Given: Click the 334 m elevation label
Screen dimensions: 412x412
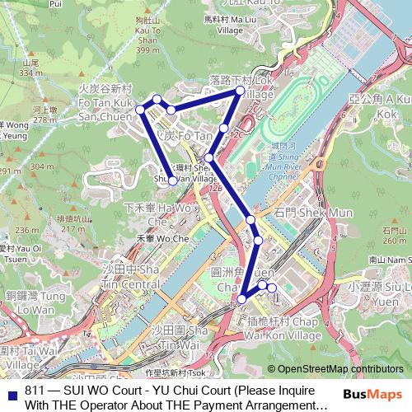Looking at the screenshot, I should [x=32, y=73].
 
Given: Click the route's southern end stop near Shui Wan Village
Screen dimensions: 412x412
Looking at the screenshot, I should [x=171, y=183].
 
